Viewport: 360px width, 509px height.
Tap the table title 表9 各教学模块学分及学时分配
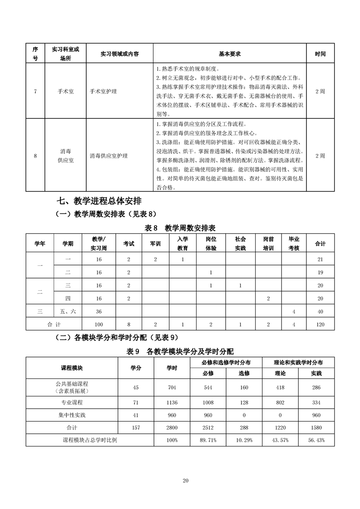click(180, 351)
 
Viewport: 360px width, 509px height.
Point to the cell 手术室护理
click(104, 91)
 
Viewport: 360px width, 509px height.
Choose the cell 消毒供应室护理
click(109, 156)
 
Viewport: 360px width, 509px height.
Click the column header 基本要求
click(229, 54)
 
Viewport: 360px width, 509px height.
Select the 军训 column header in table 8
click(155, 244)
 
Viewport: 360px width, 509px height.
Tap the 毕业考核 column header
click(294, 244)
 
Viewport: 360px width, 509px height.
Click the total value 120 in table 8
click(321, 325)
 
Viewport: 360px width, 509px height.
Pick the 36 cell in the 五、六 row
click(99, 312)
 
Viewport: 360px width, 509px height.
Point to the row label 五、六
click(68, 312)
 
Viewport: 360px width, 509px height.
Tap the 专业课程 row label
click(72, 402)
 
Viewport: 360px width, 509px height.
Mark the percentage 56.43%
click(316, 440)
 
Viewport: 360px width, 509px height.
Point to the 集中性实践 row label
click(72, 415)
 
